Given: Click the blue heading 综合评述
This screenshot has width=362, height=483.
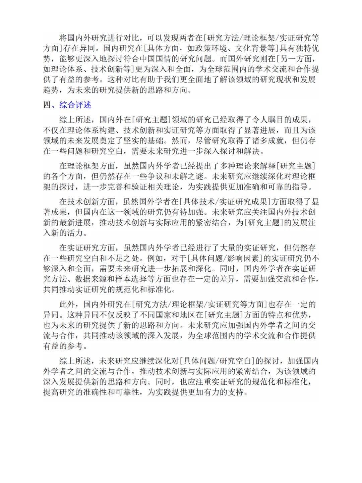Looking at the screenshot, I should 75,105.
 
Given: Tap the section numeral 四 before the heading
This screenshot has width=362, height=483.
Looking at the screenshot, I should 47,105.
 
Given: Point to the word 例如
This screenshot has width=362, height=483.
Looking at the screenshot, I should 155,258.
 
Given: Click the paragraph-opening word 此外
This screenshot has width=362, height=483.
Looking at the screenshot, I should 67,304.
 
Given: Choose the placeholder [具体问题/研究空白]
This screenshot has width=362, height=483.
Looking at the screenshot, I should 216,361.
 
